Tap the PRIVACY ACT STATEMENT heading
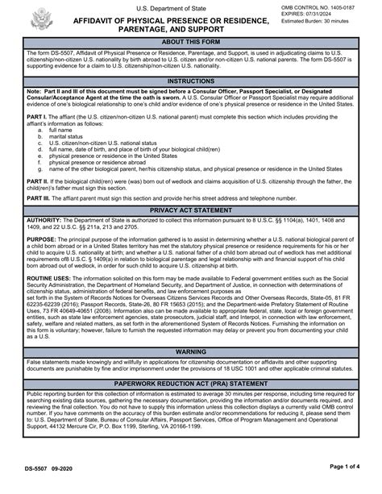point(191,209)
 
